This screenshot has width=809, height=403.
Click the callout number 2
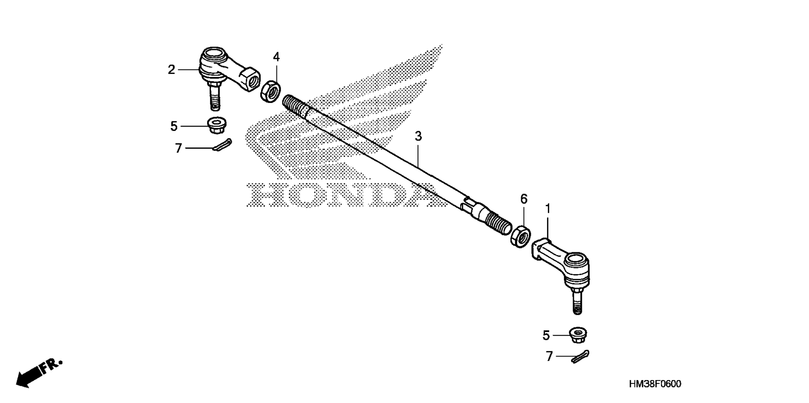click(172, 70)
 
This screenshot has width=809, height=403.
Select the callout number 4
click(276, 57)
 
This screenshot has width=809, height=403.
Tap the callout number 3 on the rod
click(418, 136)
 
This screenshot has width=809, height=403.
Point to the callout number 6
click(524, 199)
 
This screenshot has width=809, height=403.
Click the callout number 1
click(548, 209)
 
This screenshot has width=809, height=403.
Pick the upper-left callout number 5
click(174, 126)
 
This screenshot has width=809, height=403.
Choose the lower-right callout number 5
click(546, 335)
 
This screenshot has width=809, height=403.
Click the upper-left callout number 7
click(179, 148)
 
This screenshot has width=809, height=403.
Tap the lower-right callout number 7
click(549, 356)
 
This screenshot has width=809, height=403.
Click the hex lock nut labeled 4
click(270, 91)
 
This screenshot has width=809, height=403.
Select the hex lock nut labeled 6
click(520, 236)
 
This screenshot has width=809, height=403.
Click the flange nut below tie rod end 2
click(217, 125)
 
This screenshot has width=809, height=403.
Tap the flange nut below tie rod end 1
click(578, 334)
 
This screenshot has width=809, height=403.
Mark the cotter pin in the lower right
click(580, 357)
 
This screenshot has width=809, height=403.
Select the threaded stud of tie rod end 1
click(577, 302)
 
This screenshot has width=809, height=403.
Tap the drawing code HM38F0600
click(655, 384)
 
